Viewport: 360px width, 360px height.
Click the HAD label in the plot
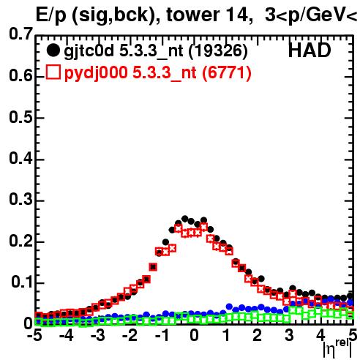[310, 50]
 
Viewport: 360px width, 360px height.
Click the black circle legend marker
[53, 50]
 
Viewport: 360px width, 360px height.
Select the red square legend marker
[53, 72]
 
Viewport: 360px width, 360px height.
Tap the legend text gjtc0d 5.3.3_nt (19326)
[156, 51]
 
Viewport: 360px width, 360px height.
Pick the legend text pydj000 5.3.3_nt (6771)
[157, 73]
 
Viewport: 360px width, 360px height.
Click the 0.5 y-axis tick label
[20, 117]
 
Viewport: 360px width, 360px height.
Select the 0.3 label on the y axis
[20, 199]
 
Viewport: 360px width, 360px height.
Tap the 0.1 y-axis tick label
[22, 282]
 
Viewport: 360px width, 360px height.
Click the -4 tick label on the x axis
[67, 335]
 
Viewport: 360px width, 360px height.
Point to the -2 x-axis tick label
[130, 335]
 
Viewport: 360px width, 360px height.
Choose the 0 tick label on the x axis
[194, 335]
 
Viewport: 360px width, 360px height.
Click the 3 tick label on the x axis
[290, 335]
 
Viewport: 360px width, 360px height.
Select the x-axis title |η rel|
[337, 348]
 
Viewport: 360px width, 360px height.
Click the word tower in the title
[193, 15]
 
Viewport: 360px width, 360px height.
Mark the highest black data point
[184, 219]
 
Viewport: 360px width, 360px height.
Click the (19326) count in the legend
[218, 51]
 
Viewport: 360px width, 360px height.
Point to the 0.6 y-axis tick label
[20, 75]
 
